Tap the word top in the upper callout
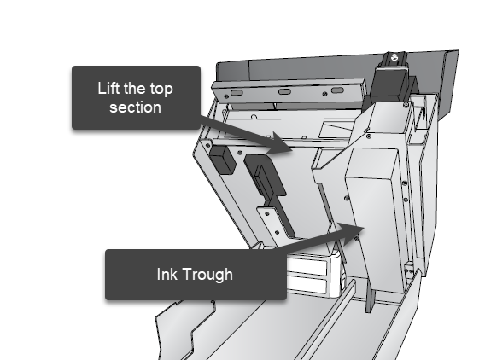161,90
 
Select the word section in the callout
135,107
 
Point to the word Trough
207,275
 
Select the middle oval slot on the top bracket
285,92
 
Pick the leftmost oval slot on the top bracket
237,93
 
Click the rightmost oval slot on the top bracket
337,90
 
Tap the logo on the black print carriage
394,57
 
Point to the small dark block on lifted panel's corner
222,160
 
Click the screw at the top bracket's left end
226,96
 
